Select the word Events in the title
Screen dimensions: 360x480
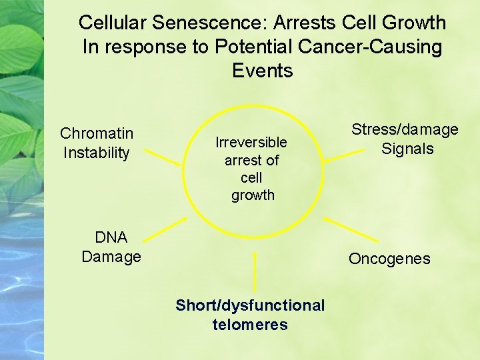pos(263,71)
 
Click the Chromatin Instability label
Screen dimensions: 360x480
pos(97,143)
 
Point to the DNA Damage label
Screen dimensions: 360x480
pos(111,247)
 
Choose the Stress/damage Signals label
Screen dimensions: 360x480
pos(405,139)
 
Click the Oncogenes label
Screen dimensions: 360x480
pos(389,259)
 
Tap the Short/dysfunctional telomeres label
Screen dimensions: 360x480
pos(250,315)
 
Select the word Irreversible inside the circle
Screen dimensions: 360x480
pos(251,142)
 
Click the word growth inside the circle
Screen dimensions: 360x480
pos(253,195)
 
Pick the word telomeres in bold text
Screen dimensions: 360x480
pos(250,325)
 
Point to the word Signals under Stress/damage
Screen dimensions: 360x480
pos(407,148)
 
